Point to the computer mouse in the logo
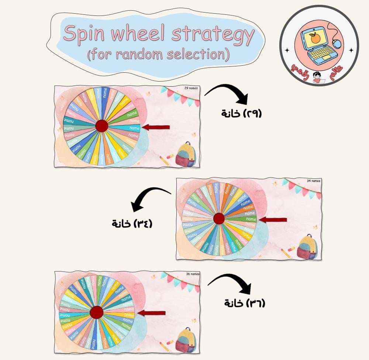(x=337, y=44)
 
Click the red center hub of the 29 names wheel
(x=101, y=126)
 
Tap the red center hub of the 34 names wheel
(x=219, y=218)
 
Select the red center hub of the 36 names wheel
(x=96, y=312)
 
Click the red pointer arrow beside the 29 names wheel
(x=156, y=127)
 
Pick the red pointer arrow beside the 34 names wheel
(x=273, y=220)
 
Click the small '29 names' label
(x=191, y=88)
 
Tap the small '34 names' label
(x=314, y=181)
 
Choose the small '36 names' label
(x=193, y=274)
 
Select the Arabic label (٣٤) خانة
(x=132, y=224)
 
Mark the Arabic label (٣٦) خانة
(x=245, y=303)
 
